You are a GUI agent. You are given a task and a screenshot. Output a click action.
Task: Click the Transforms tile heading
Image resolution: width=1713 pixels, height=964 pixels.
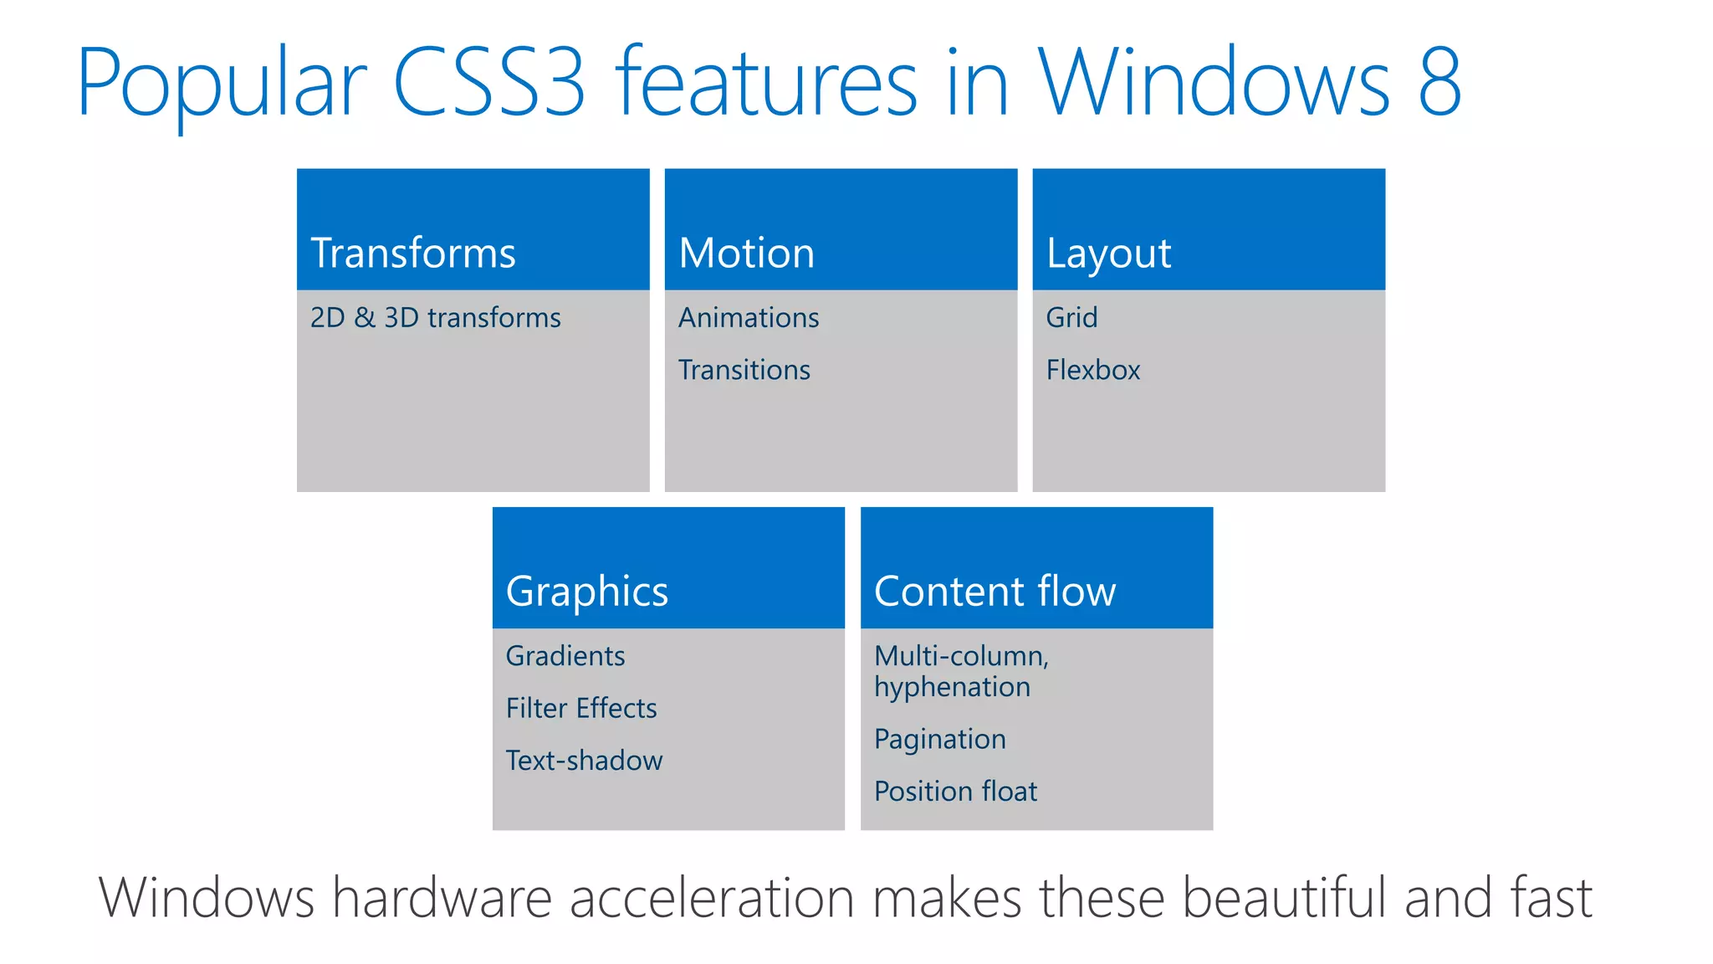coord(413,254)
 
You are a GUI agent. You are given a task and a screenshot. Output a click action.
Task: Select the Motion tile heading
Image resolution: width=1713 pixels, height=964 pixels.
coord(746,254)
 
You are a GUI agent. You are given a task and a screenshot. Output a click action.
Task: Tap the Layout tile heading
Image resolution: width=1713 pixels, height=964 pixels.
coord(1108,254)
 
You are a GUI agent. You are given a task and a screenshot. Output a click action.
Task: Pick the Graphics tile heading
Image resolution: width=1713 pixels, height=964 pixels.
coord(587,592)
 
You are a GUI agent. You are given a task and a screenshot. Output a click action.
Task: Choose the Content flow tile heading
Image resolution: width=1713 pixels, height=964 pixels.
coord(995,592)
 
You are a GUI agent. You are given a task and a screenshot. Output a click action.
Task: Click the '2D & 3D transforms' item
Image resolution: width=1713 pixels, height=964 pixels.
coord(435,318)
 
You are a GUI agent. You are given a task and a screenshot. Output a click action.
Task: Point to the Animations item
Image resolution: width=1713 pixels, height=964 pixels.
coord(749,318)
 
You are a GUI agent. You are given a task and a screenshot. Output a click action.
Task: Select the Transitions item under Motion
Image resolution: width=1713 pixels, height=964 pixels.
coord(744,370)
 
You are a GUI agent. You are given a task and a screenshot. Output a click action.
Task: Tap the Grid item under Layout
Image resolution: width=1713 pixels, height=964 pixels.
coord(1071,318)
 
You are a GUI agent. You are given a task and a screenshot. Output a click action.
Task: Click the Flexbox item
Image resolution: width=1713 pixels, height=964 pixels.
coord(1093,370)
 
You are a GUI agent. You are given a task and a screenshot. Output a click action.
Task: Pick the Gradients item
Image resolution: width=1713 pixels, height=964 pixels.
coord(565,656)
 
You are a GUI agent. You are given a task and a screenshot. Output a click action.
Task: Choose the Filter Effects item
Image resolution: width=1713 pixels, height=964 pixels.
coord(581,709)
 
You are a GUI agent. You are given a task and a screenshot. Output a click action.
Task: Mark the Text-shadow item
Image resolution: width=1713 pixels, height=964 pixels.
coord(584,761)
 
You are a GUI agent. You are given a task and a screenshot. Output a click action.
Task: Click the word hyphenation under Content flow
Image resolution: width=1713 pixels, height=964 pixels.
coord(952,688)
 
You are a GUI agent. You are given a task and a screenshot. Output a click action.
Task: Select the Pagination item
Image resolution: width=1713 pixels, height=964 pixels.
coord(940,740)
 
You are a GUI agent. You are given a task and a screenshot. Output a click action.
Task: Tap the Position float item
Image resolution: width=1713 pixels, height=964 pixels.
coord(955,792)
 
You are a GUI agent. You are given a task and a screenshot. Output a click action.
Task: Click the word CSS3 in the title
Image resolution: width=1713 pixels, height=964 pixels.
coord(489,82)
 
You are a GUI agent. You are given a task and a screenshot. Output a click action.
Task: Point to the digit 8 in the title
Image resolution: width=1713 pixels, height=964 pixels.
coord(1439,82)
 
